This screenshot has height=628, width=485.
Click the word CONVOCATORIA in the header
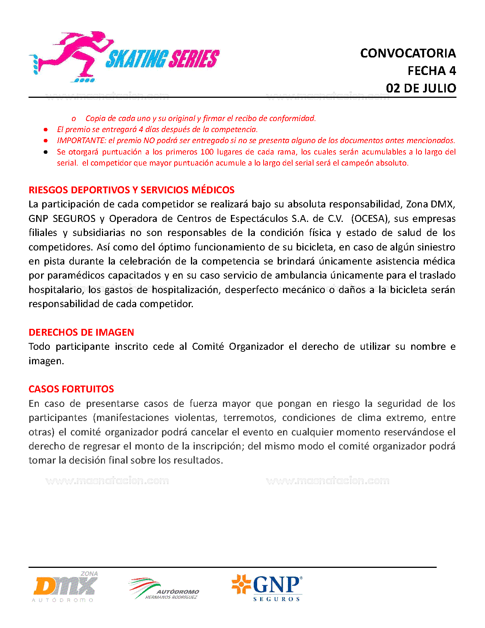click(x=408, y=53)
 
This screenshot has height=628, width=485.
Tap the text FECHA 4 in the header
click(x=431, y=71)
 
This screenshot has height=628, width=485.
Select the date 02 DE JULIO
click(x=421, y=88)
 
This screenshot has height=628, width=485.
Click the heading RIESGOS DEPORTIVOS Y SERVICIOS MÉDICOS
click(x=131, y=190)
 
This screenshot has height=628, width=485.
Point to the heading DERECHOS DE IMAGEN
click(x=81, y=332)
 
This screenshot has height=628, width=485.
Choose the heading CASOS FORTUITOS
click(x=71, y=389)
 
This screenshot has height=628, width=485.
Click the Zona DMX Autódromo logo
click(x=65, y=587)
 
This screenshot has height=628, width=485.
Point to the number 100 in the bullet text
click(x=207, y=152)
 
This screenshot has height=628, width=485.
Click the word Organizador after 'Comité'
click(x=256, y=347)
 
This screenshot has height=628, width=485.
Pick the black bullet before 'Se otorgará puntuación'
click(x=46, y=152)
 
